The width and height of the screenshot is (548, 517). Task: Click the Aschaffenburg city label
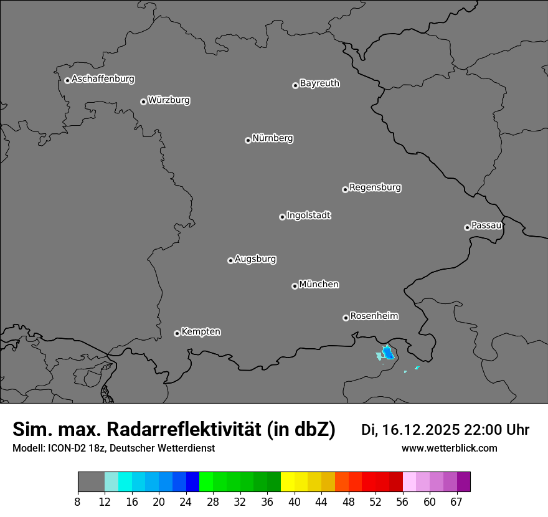103,79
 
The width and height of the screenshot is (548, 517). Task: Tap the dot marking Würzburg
143,102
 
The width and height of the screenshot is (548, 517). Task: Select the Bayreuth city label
319,83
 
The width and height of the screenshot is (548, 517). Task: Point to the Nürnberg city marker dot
248,140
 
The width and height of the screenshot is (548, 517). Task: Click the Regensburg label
375,187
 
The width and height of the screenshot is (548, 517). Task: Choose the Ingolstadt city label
308,216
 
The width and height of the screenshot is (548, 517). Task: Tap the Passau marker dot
467,227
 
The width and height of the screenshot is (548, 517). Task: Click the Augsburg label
255,259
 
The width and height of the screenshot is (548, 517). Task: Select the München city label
319,285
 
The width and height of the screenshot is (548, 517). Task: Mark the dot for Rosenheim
346,318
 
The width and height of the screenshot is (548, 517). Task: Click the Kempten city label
201,331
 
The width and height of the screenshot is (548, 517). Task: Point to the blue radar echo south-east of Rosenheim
388,354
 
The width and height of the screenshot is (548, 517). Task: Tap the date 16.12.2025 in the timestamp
420,430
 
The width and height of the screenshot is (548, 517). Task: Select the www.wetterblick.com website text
450,448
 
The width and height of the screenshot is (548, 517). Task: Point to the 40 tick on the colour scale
295,502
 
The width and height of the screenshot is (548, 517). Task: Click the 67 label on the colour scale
456,502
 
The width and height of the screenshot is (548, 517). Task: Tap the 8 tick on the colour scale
78,502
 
